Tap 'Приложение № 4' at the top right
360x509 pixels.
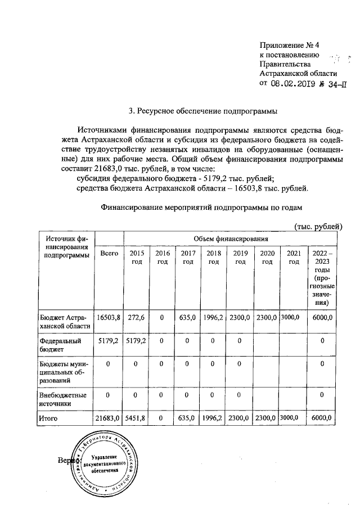click(x=289, y=44)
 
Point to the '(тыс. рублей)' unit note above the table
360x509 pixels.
click(x=318, y=226)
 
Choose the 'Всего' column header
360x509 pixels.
click(x=109, y=254)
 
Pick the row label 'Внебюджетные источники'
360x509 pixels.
click(x=63, y=399)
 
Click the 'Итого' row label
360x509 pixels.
click(x=48, y=418)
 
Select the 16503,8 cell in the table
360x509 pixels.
click(x=109, y=318)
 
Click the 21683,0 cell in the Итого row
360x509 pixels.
click(x=109, y=418)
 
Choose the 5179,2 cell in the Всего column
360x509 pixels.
click(x=109, y=341)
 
